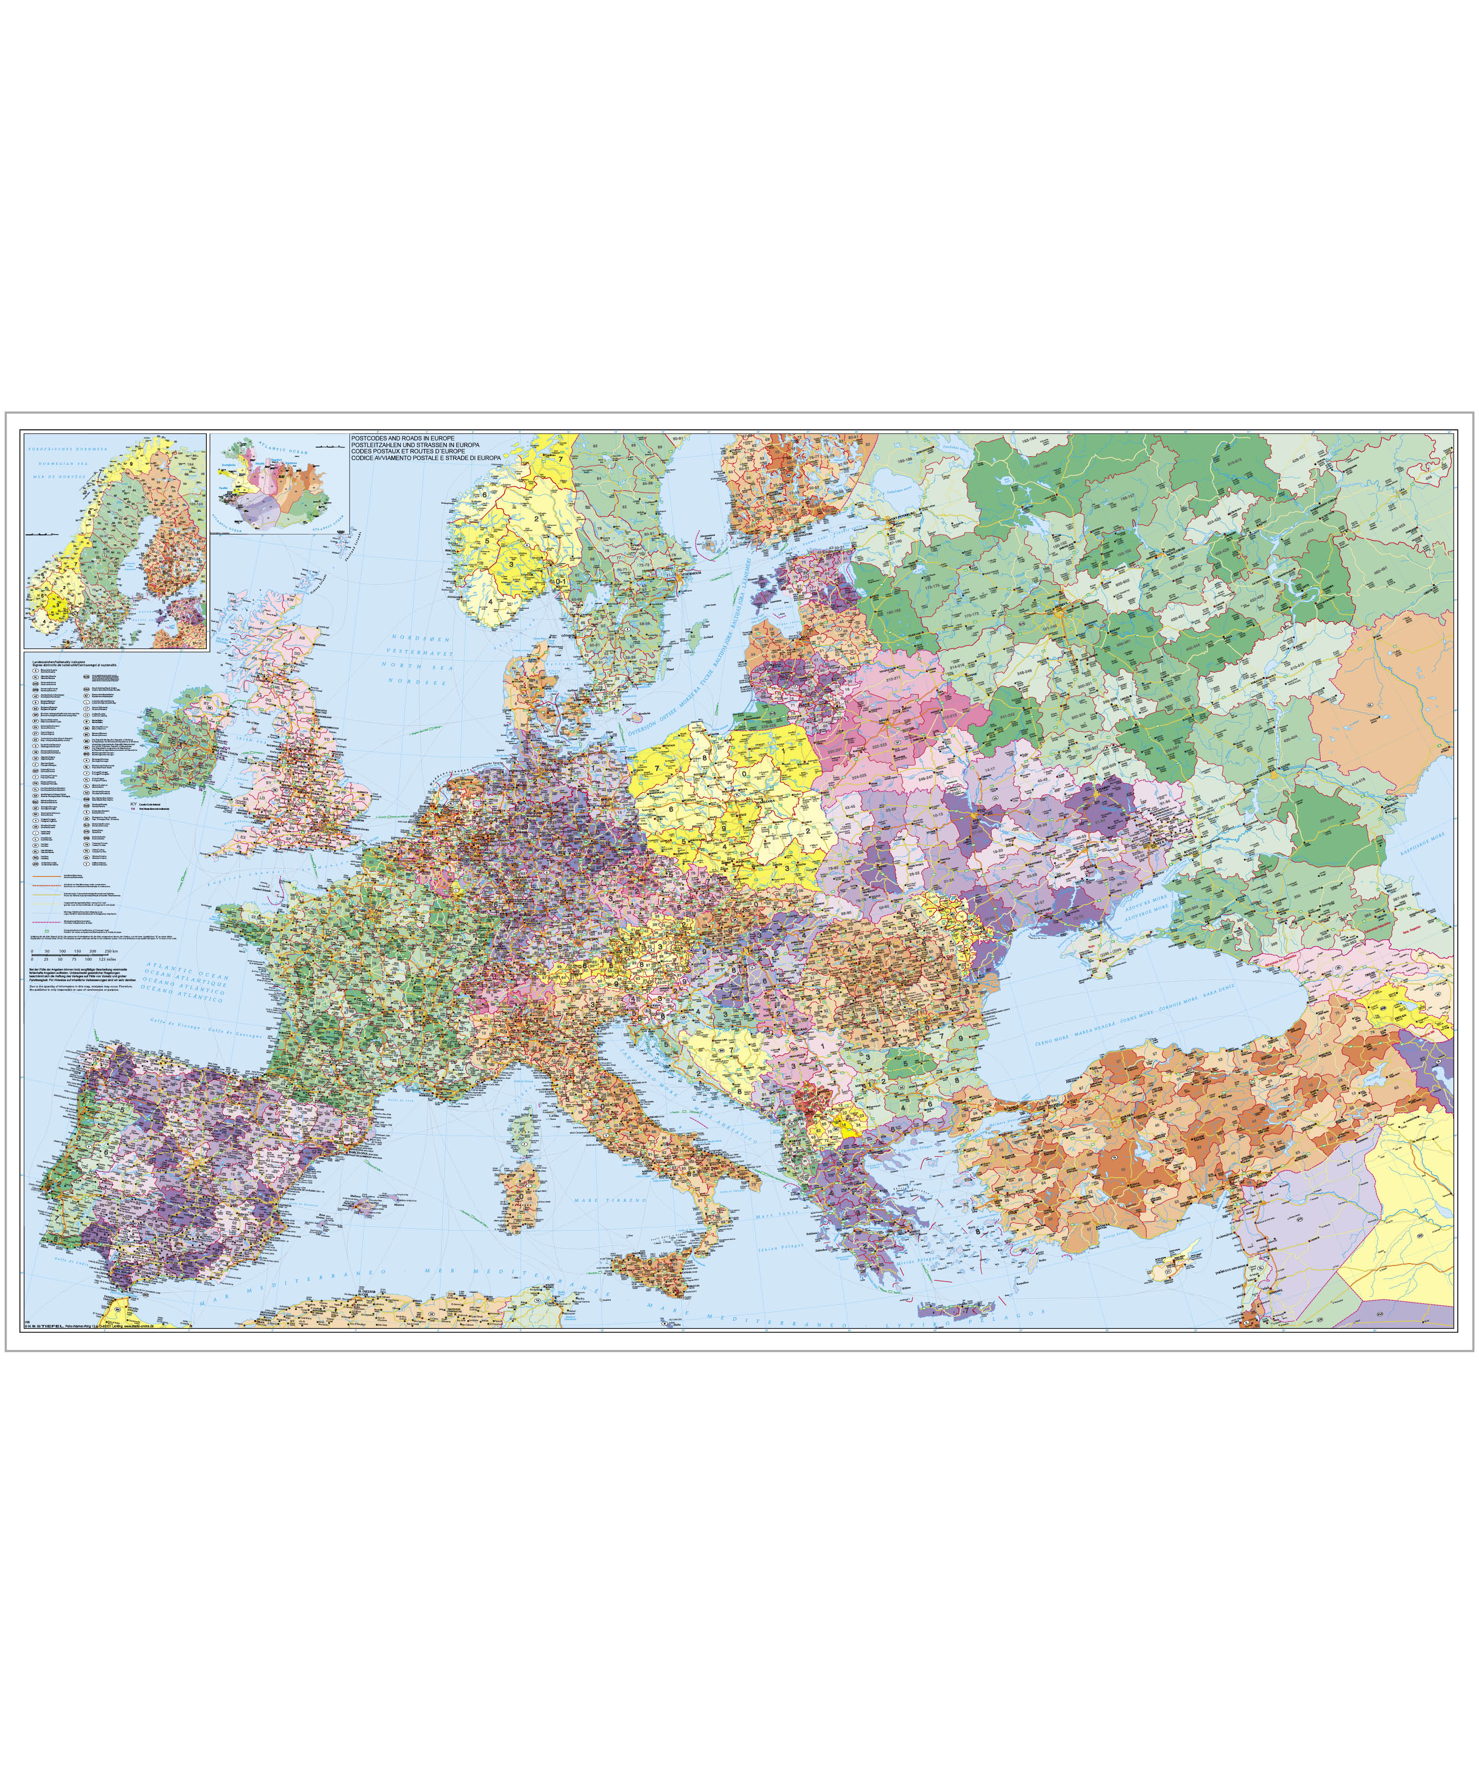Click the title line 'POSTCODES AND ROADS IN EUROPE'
pyautogui.click(x=402, y=438)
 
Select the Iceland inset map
pyautogui.click(x=279, y=484)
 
